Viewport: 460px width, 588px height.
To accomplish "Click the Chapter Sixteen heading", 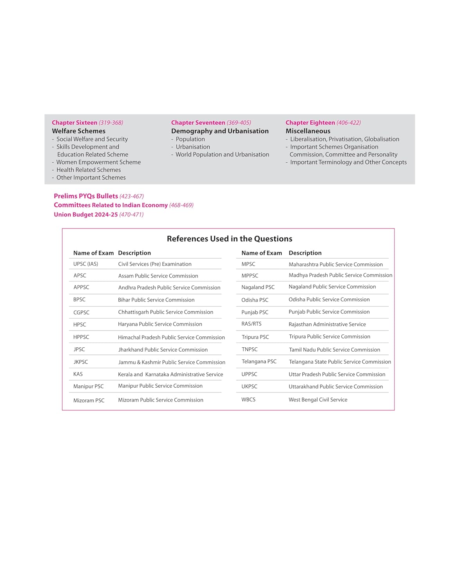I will [74, 123].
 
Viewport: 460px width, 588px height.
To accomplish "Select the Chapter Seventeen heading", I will [198, 123].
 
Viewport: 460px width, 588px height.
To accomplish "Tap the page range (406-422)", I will [348, 123].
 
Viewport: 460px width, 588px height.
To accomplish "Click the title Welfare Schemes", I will [79, 131].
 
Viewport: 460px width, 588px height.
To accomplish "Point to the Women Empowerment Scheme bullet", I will [98, 162].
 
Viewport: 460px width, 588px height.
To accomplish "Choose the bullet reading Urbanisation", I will [193, 147].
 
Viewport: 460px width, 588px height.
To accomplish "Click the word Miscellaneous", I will [308, 131].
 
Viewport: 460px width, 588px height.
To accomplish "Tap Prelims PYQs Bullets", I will [86, 196].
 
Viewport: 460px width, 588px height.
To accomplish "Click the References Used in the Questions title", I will [230, 239].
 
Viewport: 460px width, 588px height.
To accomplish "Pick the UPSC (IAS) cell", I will [85, 264].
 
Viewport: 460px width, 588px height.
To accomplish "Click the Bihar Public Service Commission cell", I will [156, 300].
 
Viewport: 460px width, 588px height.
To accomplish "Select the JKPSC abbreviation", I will [81, 362].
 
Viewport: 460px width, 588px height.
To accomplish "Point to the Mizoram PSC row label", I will [89, 400].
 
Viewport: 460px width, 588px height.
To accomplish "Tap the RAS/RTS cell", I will [252, 324].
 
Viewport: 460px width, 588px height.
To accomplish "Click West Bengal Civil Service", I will [318, 400].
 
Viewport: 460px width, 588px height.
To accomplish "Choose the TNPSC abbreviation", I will [250, 349].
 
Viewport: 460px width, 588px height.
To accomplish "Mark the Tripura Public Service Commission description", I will [330, 337].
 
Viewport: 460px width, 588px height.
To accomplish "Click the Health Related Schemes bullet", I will [89, 170].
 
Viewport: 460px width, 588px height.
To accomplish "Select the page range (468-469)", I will [181, 205].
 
